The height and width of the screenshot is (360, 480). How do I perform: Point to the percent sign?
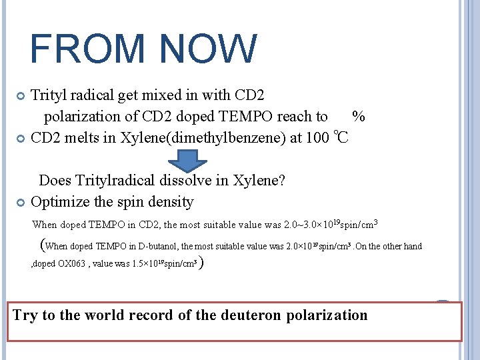coord(358,117)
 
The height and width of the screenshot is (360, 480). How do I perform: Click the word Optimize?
coord(61,202)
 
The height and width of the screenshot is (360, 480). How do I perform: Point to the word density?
coord(171,202)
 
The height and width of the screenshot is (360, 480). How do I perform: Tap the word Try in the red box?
coord(25,315)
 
